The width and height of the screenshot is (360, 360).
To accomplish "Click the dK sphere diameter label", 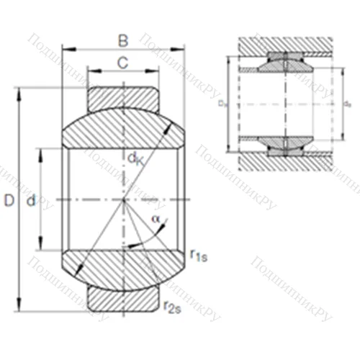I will pos(135,159).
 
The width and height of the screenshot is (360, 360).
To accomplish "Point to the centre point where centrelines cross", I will pos(124,199).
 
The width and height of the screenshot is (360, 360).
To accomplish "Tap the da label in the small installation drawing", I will pos(348,105).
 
